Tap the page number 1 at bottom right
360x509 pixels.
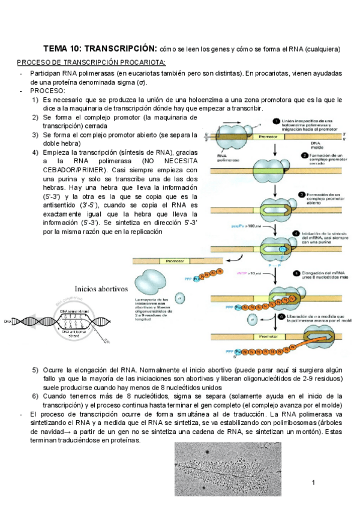(x=313, y=483)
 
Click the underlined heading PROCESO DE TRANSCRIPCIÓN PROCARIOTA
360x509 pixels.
(x=91, y=63)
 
